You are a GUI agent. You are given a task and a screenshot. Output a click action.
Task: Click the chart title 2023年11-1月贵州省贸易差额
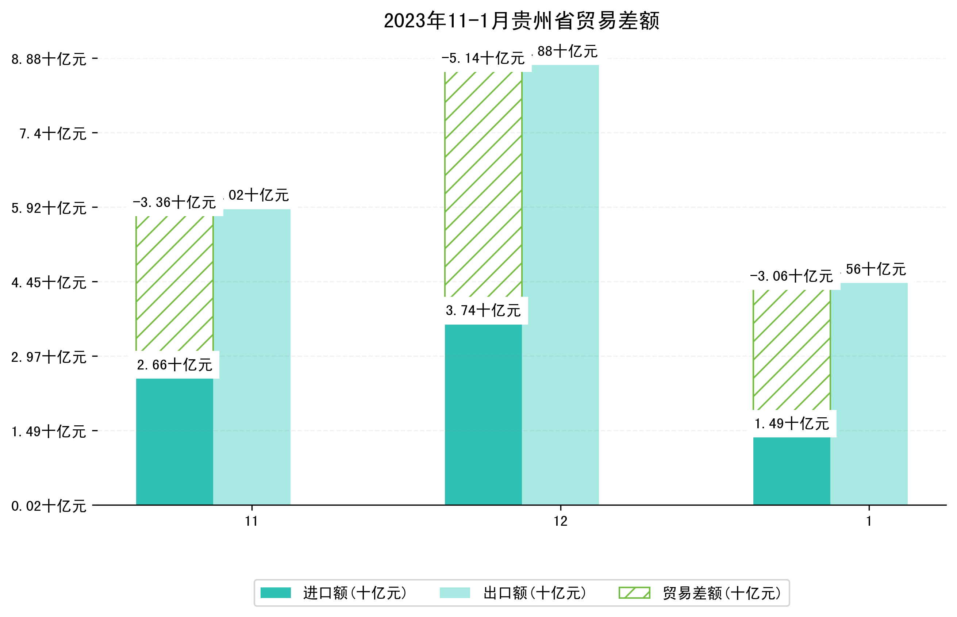pyautogui.click(x=521, y=21)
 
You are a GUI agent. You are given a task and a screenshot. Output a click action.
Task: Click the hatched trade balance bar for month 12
pyautogui.click(x=483, y=184)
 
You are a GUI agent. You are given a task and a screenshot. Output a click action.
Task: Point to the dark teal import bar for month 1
pyautogui.click(x=791, y=471)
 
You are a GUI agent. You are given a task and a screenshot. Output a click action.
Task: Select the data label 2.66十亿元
pyautogui.click(x=174, y=365)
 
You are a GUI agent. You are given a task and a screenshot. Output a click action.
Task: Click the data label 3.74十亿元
pyautogui.click(x=483, y=310)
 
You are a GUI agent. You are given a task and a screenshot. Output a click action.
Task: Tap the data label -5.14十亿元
pyautogui.click(x=483, y=58)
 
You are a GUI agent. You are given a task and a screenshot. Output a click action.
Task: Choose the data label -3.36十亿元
pyautogui.click(x=174, y=202)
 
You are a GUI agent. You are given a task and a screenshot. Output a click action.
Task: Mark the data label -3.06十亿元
pyautogui.click(x=791, y=276)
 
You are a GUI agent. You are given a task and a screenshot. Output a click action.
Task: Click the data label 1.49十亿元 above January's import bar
pyautogui.click(x=791, y=424)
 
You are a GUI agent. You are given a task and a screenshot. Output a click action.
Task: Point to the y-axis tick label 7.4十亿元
pyautogui.click(x=53, y=133)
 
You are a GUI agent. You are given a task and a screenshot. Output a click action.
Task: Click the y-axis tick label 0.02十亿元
pyautogui.click(x=49, y=506)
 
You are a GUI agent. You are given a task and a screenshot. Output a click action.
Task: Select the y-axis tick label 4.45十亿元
pyautogui.click(x=49, y=283)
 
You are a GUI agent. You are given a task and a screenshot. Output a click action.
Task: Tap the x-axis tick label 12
pyautogui.click(x=560, y=521)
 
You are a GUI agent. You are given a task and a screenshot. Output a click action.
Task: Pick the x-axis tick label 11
pyautogui.click(x=251, y=521)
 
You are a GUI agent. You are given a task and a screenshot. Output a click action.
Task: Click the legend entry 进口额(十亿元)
pyautogui.click(x=354, y=593)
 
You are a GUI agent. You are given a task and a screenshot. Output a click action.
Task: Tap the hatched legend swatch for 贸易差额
pyautogui.click(x=634, y=593)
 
